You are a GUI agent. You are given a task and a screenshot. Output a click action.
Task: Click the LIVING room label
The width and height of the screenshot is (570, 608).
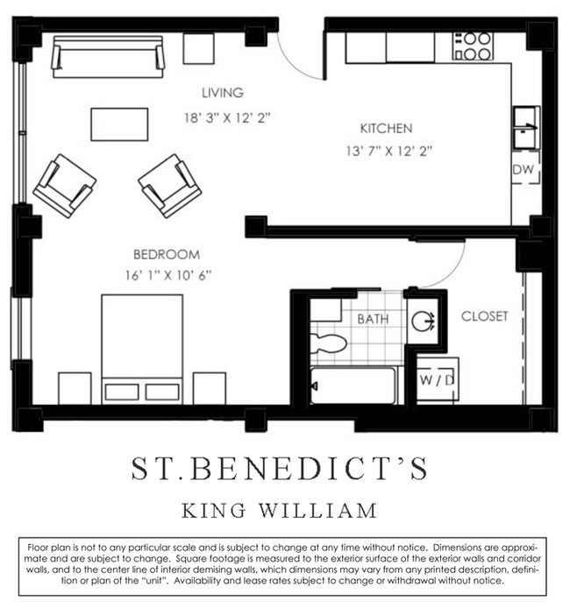pos(222,93)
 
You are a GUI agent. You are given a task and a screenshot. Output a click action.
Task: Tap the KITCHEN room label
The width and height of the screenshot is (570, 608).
pos(385,128)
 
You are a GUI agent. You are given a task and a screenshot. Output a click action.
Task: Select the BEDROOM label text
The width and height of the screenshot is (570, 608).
pos(167,255)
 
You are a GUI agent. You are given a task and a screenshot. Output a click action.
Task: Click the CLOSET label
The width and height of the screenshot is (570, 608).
pos(484,316)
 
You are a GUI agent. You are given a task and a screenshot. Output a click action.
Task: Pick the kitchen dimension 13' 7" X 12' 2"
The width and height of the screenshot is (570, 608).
pos(388,151)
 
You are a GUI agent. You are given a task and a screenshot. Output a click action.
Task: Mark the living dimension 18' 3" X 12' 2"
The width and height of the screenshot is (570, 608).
pos(226,117)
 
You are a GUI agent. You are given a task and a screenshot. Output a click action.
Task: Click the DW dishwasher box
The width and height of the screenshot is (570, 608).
pos(524,169)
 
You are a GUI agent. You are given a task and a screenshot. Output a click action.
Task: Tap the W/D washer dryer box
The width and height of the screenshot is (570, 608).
pos(435,380)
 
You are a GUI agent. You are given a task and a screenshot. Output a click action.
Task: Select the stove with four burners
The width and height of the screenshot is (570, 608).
pos(473,46)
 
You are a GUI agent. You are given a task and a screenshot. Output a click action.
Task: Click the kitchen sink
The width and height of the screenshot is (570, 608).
pos(526,128)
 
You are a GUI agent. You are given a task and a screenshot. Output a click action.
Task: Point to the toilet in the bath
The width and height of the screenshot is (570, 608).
pos(331,340)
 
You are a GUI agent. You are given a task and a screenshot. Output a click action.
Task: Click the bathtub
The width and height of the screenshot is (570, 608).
pos(353,385)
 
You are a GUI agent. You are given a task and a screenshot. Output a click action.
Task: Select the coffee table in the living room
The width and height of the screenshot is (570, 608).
pos(119,124)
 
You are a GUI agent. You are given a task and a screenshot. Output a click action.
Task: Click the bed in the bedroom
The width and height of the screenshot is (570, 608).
pos(142,346)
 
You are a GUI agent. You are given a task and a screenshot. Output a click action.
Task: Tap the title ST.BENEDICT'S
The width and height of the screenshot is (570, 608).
pos(280,468)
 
